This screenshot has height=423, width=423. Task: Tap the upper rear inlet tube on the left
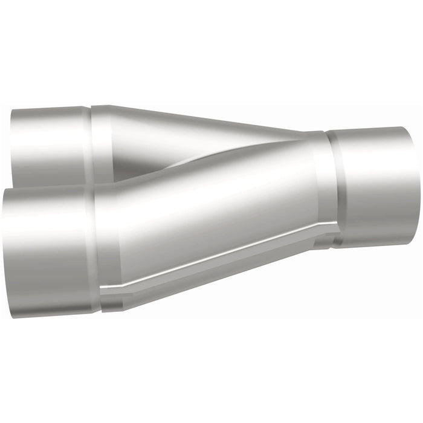point(51,145)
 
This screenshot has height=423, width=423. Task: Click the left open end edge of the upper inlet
point(12,145)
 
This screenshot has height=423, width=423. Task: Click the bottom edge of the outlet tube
point(375,245)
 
